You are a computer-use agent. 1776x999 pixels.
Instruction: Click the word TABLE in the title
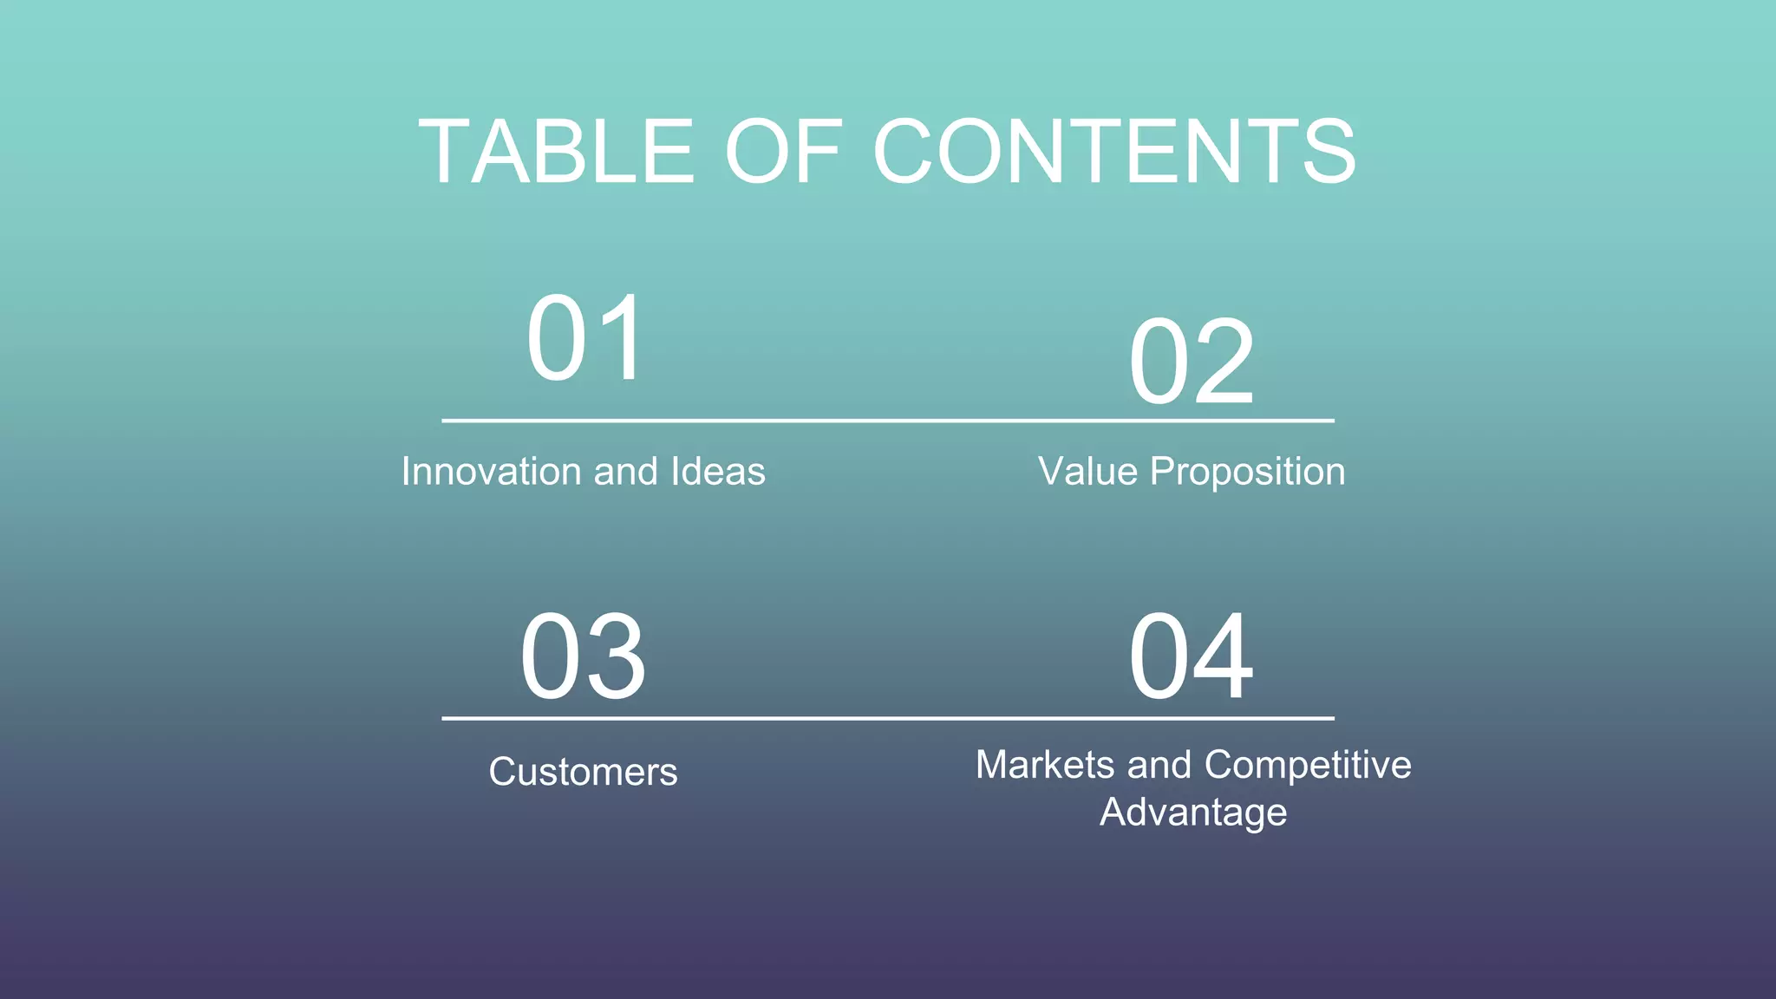[x=556, y=153]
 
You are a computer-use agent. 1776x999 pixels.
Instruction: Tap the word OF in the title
[x=783, y=153]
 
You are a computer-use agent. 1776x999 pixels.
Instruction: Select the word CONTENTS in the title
[x=1114, y=153]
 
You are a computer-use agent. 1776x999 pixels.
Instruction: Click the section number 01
[x=585, y=338]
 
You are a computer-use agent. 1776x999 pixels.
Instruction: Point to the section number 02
[x=1192, y=362]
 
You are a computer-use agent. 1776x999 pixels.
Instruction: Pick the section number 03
[x=583, y=656]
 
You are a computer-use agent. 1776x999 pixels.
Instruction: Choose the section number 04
[x=1192, y=656]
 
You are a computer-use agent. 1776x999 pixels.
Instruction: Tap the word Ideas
[x=718, y=472]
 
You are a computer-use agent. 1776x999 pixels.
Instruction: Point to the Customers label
[x=583, y=772]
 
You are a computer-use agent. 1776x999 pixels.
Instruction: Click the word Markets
[x=1045, y=765]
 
